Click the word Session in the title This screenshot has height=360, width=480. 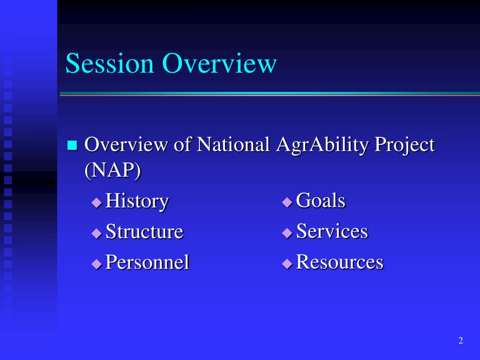pyautogui.click(x=110, y=63)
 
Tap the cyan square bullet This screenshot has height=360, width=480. pyautogui.click(x=72, y=145)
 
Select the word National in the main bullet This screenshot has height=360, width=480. pyautogui.click(x=233, y=144)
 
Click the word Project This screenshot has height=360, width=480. pyautogui.click(x=405, y=145)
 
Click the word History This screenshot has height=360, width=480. pyautogui.click(x=137, y=201)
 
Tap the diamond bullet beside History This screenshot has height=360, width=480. pyautogui.click(x=97, y=202)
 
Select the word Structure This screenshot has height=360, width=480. pyautogui.click(x=144, y=231)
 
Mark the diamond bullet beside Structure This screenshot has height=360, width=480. pyautogui.click(x=97, y=233)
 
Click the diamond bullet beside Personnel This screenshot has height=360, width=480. pyautogui.click(x=97, y=264)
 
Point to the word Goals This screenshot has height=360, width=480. pyautogui.click(x=321, y=201)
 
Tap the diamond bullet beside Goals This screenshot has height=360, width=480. pyautogui.click(x=287, y=202)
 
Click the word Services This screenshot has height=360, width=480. pyautogui.click(x=332, y=231)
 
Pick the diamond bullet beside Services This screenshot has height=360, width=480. pyautogui.click(x=287, y=233)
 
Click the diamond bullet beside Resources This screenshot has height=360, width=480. pyautogui.click(x=287, y=264)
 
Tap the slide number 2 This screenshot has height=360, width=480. pyautogui.click(x=461, y=340)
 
